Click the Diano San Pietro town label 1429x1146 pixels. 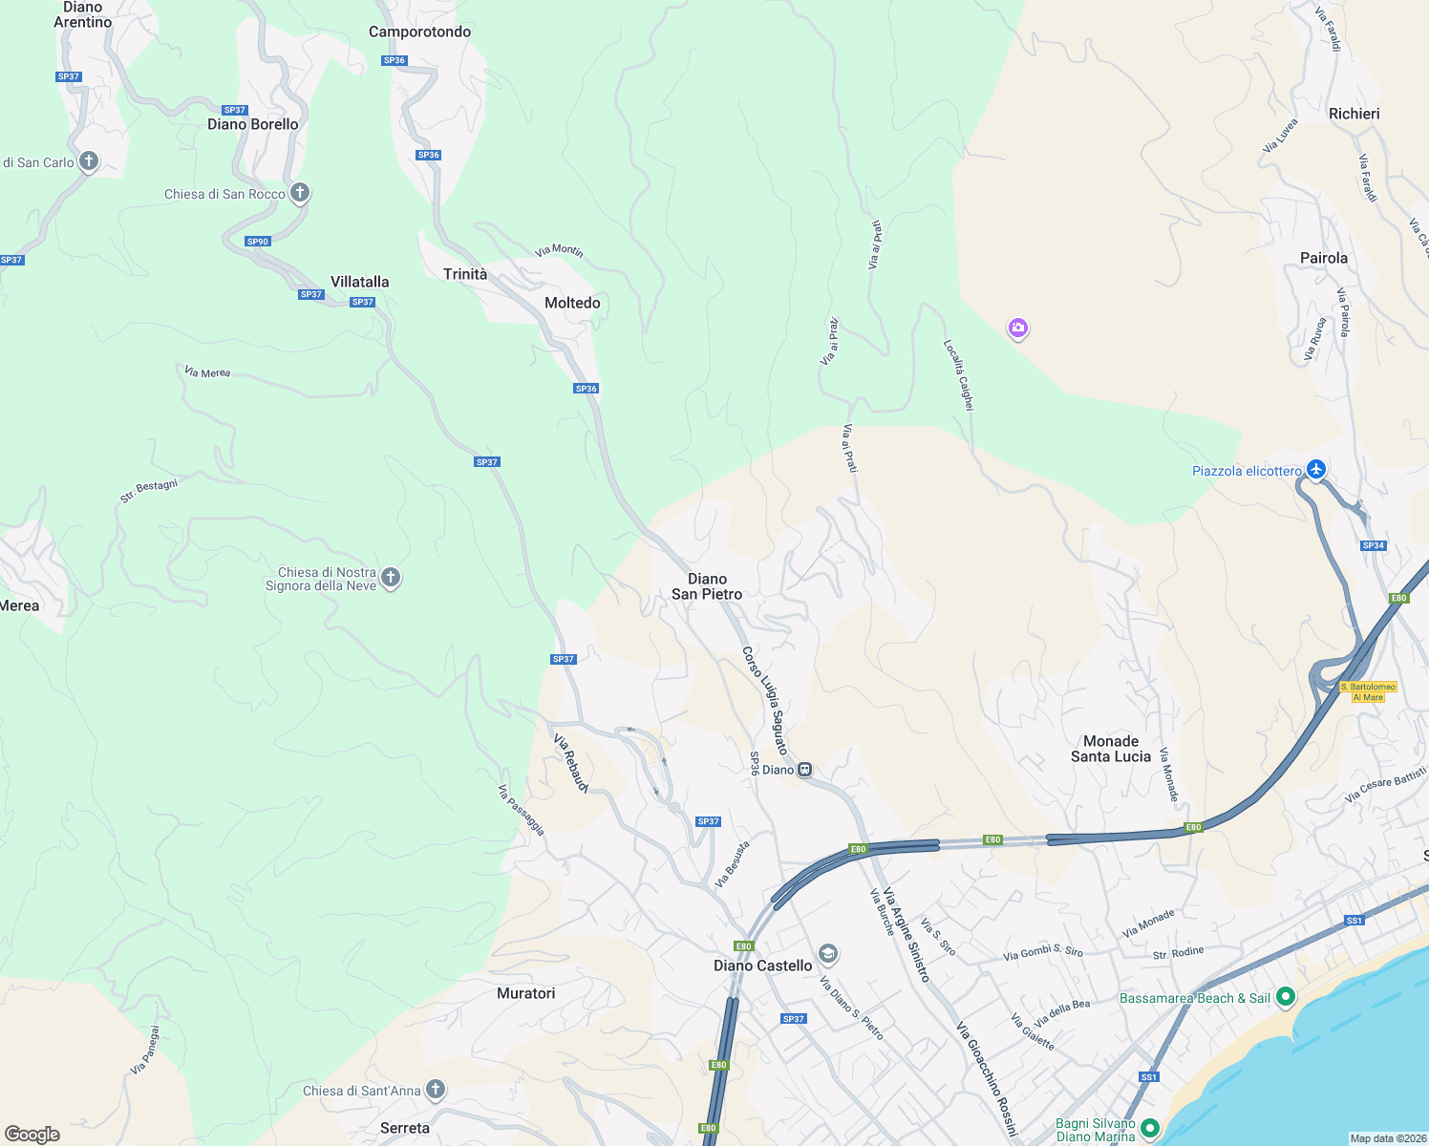[x=707, y=586]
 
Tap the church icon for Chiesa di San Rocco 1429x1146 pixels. [x=300, y=193]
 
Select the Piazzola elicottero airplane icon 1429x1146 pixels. [x=1317, y=469]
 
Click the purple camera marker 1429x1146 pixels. [x=1018, y=329]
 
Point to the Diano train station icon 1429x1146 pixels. [x=805, y=770]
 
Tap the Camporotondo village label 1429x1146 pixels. [x=419, y=32]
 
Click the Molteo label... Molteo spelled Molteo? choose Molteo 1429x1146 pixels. [x=572, y=303]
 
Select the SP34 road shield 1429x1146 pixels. [x=1373, y=545]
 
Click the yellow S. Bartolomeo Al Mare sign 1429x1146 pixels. [x=1368, y=691]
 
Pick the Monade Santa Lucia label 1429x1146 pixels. [x=1111, y=749]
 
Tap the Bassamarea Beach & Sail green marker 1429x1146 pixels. [x=1286, y=997]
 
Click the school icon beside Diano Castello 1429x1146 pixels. [x=828, y=953]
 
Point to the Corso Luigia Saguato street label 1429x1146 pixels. [x=765, y=700]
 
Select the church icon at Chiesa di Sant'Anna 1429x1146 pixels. [x=436, y=1089]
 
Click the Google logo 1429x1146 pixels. [x=32, y=1134]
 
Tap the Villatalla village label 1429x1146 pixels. [x=359, y=282]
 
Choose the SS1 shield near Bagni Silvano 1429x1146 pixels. [x=1148, y=1076]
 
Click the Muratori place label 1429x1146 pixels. [x=525, y=993]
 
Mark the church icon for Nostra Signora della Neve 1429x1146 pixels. [x=390, y=577]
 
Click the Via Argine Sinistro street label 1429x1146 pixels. [x=906, y=934]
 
